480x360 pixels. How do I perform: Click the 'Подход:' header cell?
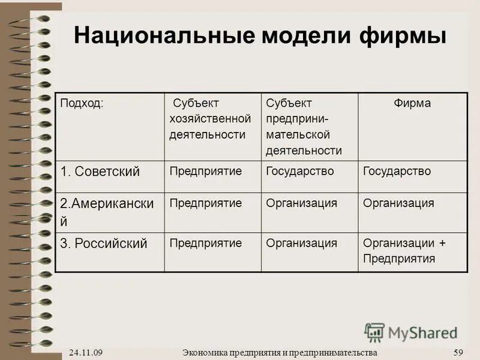(x=82, y=103)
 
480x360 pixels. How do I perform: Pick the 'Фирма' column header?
(x=412, y=103)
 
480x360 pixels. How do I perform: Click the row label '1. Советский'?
(x=100, y=172)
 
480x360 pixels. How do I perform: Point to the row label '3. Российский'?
(x=104, y=244)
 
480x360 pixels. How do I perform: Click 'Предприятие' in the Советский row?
(x=205, y=171)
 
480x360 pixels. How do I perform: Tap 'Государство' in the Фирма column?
(x=397, y=171)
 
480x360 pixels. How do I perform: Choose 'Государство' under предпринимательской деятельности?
(x=300, y=171)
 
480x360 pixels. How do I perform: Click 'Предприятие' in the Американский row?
(x=205, y=203)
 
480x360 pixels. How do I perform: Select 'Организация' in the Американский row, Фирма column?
(x=398, y=203)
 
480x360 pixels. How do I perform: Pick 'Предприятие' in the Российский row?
(x=205, y=243)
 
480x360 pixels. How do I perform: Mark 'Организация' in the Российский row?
(x=301, y=243)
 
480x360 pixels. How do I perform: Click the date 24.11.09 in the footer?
(x=85, y=352)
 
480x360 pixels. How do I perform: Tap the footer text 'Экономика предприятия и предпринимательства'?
(x=280, y=352)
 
